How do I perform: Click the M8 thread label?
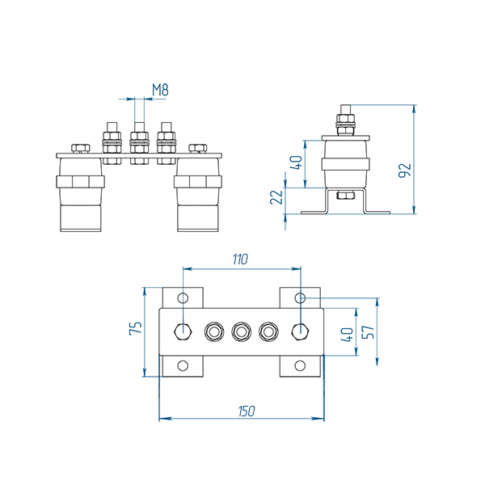(x=160, y=90)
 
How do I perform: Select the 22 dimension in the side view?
(x=275, y=198)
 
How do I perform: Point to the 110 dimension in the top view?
(x=240, y=259)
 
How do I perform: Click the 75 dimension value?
(x=136, y=328)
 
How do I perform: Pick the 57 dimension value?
(x=369, y=331)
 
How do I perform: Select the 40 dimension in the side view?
(x=296, y=162)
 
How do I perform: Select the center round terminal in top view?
(x=241, y=331)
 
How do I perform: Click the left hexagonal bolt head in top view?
(x=183, y=331)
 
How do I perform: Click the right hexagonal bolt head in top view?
(x=300, y=331)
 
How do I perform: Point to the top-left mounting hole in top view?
(x=183, y=297)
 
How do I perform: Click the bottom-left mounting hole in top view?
(x=183, y=366)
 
